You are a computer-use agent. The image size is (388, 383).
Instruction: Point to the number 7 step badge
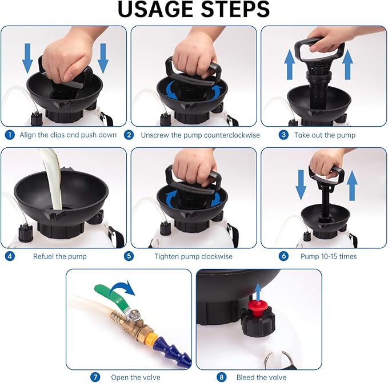pyautogui.click(x=96, y=377)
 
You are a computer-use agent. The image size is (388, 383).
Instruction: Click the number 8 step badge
pyautogui.click(x=221, y=377)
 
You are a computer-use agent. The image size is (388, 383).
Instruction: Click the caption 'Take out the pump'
pyautogui.click(x=325, y=135)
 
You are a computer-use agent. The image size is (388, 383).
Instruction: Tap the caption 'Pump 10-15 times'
pyautogui.click(x=329, y=256)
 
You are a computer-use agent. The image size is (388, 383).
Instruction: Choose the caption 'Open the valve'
pyautogui.click(x=135, y=377)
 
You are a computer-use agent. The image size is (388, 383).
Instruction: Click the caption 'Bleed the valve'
pyautogui.click(x=262, y=377)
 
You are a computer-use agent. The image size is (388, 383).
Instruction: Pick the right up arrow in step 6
pyautogui.click(x=352, y=184)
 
